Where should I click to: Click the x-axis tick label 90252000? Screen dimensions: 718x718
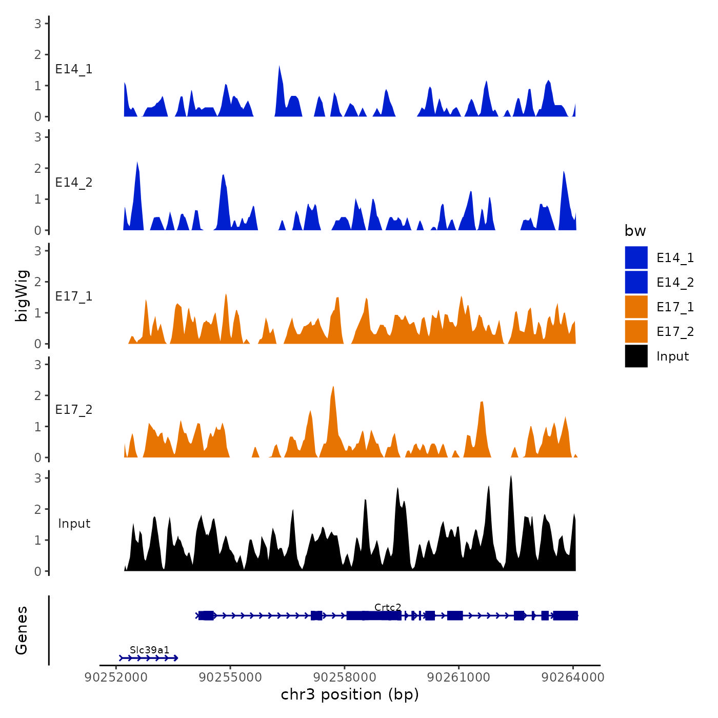tap(116, 677)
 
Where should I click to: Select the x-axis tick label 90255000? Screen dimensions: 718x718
tap(230, 677)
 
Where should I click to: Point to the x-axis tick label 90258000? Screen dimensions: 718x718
tap(345, 677)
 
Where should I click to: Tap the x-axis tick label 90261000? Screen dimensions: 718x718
tap(458, 677)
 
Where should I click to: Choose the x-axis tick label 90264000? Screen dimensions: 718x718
tap(573, 677)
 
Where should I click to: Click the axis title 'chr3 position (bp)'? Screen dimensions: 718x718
tap(350, 694)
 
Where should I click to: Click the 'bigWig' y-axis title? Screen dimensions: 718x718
tap(22, 296)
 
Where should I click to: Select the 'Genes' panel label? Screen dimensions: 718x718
tap(22, 630)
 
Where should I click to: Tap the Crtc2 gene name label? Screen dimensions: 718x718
tap(388, 608)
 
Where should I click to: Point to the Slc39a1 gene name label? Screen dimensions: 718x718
tap(149, 650)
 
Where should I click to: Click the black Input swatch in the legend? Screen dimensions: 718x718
tap(636, 356)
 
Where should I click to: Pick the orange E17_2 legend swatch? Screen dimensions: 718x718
tap(636, 331)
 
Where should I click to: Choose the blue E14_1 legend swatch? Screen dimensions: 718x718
tap(636, 257)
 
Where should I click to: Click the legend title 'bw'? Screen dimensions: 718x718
tap(635, 231)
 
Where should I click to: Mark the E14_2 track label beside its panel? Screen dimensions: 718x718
tap(74, 183)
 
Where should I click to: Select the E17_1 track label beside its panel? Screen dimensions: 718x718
tap(74, 296)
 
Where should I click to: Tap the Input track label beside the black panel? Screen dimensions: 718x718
tap(74, 524)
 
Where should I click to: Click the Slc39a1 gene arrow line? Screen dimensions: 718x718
tap(149, 658)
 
